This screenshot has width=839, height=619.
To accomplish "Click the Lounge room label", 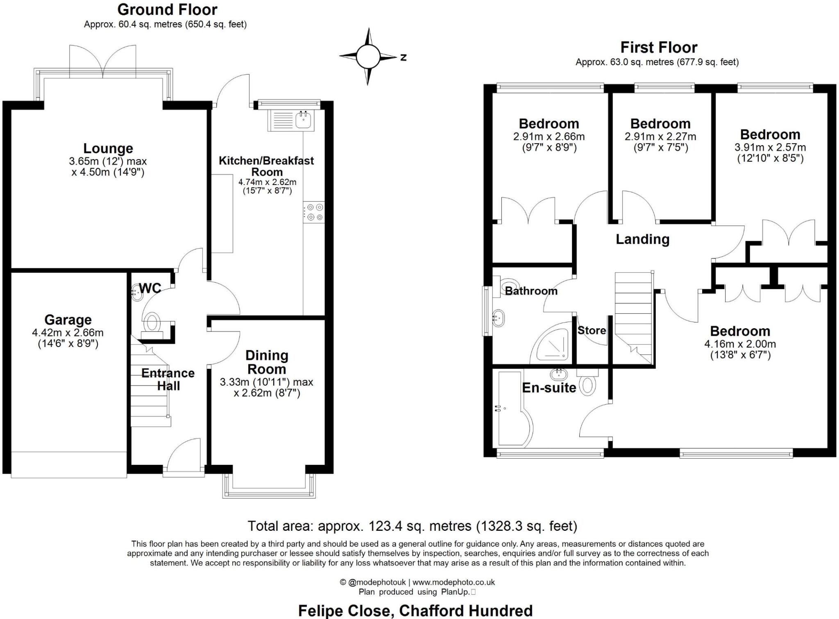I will pyautogui.click(x=108, y=148).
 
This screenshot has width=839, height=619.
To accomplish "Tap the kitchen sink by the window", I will pyautogui.click(x=304, y=120).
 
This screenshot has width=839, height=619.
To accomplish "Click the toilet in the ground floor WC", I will pyautogui.click(x=152, y=322).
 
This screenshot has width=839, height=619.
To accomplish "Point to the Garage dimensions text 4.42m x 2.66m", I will pyautogui.click(x=68, y=333).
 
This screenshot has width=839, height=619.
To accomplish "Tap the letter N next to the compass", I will pyautogui.click(x=404, y=57).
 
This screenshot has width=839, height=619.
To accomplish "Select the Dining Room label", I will pyautogui.click(x=267, y=362).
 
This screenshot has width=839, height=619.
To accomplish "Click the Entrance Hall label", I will pyautogui.click(x=168, y=379).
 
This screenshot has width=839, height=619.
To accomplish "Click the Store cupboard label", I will pyautogui.click(x=592, y=330).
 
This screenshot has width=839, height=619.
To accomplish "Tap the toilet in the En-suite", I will pyautogui.click(x=588, y=385).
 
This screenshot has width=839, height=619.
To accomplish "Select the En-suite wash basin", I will pyautogui.click(x=559, y=374).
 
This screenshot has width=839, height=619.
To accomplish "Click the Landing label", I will pyautogui.click(x=642, y=239).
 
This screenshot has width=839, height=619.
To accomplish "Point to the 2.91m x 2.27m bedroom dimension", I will pyautogui.click(x=660, y=137).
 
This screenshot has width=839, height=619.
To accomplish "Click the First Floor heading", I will pyautogui.click(x=659, y=48).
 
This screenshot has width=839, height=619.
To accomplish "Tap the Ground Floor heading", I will pyautogui.click(x=167, y=9).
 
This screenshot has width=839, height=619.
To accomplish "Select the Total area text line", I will pyautogui.click(x=412, y=526).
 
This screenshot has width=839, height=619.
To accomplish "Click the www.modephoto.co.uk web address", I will pyautogui.click(x=454, y=582).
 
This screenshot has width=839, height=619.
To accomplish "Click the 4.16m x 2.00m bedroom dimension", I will pyautogui.click(x=740, y=344).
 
